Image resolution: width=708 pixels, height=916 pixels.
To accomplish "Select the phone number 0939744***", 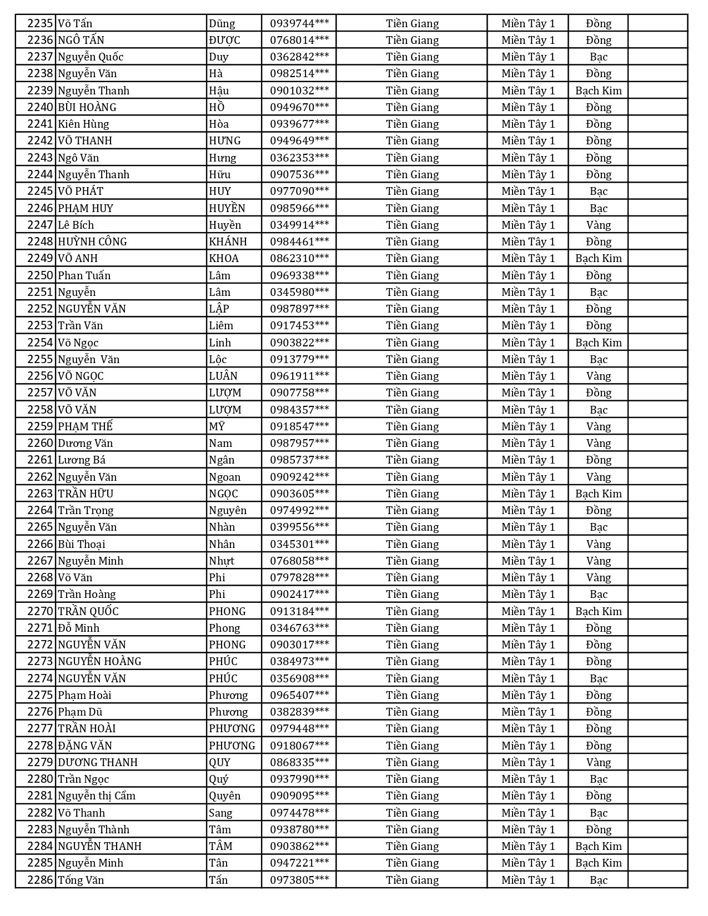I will coord(299,23).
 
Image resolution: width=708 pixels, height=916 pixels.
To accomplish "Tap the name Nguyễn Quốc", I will coord(91,57).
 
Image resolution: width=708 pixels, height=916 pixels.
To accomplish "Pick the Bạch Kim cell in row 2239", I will coord(598,90).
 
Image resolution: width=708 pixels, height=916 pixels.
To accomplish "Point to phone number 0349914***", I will coord(299,225).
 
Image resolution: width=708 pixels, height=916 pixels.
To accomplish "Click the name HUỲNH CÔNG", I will coord(92,241).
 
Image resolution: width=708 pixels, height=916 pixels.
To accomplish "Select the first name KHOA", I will coord(224,258).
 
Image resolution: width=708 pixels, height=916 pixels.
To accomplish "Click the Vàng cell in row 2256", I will coord(598,376).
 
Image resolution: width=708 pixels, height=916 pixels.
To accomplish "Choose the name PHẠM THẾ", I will coord(85,426).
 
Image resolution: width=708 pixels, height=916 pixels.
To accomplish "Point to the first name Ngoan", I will coord(225,477).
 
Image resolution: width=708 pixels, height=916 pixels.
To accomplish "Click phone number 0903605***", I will coord(299,494).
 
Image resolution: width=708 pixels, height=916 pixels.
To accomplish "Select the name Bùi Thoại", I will coord(82,544).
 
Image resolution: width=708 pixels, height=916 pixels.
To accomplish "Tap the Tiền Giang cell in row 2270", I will coord(412,611).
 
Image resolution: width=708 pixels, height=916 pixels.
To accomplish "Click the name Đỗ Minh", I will coord(79,628).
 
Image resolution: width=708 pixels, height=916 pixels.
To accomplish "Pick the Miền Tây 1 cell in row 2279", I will coord(528,762).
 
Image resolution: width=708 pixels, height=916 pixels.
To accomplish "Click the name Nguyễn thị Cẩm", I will coord(97,796).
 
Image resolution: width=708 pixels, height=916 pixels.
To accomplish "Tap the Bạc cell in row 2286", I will coord(598,880).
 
